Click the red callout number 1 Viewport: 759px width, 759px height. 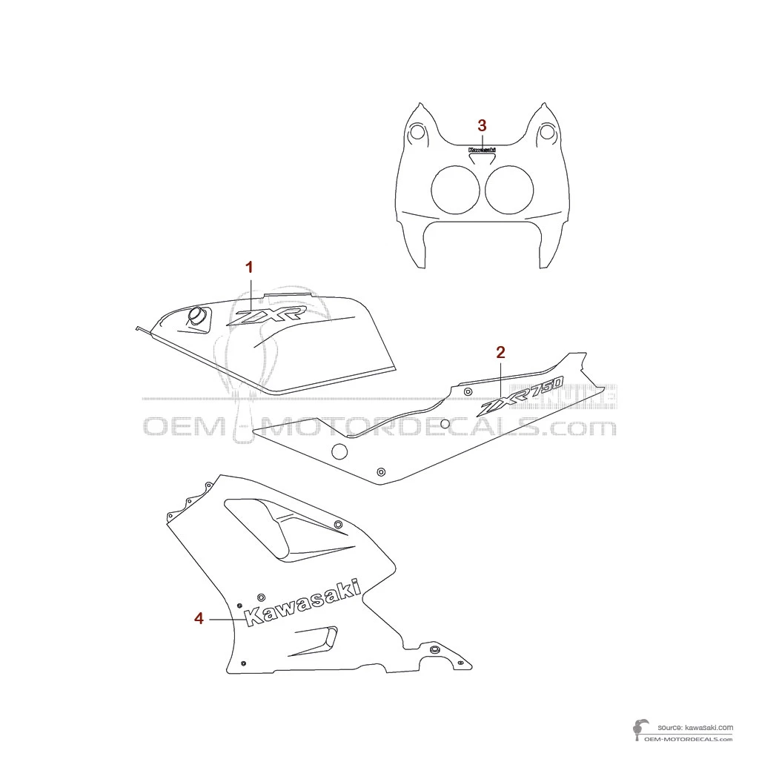250,267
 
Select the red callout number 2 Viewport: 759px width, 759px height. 500,352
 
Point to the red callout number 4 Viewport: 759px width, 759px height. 199,618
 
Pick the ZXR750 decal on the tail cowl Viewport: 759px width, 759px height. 522,397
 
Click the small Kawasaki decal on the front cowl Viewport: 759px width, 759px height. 482,149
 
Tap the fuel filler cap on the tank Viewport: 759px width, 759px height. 196,316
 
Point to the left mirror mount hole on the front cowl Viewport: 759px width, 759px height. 417,133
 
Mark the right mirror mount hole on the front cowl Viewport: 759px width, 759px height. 547,133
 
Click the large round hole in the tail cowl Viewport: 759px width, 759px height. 339,451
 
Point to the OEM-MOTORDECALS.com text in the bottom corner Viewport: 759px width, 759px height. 689,739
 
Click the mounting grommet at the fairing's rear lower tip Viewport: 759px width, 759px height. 434,650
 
